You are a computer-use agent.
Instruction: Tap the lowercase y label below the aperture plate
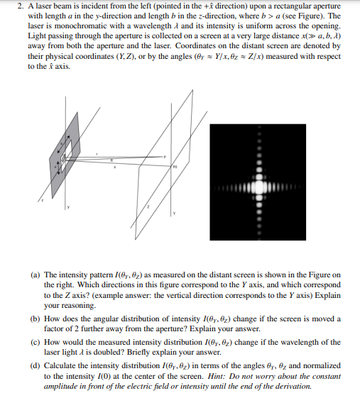click(x=69, y=208)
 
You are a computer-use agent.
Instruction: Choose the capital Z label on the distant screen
click(x=148, y=206)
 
